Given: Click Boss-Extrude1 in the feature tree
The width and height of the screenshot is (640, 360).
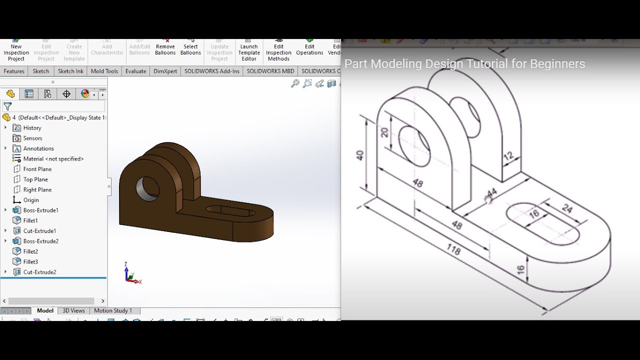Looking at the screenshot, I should tap(40, 210).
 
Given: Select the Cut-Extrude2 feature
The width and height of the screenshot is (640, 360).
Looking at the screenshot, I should tap(39, 272).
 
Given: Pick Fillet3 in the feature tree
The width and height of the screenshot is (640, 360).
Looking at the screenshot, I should tap(30, 261).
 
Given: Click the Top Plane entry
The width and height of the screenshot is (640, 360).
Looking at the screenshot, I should tap(35, 179).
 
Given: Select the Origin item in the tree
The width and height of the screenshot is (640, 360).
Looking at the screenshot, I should tap(31, 200).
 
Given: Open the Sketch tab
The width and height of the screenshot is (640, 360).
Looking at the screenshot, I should tap(41, 71).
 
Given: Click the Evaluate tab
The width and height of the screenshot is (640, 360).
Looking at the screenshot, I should tap(135, 71).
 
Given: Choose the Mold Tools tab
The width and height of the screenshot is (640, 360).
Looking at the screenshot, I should tap(104, 71).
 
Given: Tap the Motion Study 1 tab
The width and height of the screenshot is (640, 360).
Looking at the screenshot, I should tap(113, 310).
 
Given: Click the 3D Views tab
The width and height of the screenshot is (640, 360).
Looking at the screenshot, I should tap(73, 310).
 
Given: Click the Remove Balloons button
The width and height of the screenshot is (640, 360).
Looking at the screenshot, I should tap(165, 49).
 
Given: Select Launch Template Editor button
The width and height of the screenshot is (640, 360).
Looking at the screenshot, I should tap(249, 52).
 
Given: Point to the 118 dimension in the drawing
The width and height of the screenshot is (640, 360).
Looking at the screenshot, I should tap(453, 248).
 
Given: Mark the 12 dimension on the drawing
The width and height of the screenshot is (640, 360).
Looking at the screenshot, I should tap(508, 156).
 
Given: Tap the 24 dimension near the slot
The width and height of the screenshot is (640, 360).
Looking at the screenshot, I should tap(567, 208).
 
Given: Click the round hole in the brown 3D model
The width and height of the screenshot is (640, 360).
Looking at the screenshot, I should tap(147, 188).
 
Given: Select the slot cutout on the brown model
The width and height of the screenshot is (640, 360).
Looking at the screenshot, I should tap(230, 211).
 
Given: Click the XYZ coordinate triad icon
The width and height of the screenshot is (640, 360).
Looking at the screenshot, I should tap(131, 275).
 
